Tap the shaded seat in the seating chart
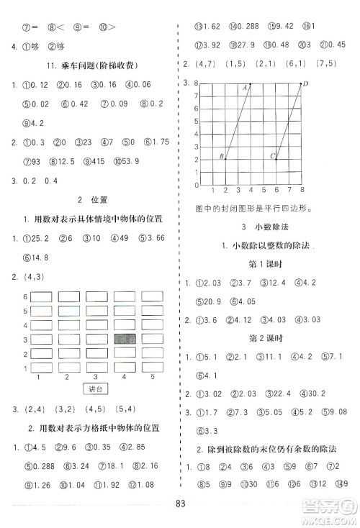(125, 339)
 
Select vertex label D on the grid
(305, 84)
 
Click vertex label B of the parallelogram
(220, 156)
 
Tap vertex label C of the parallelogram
(272, 156)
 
